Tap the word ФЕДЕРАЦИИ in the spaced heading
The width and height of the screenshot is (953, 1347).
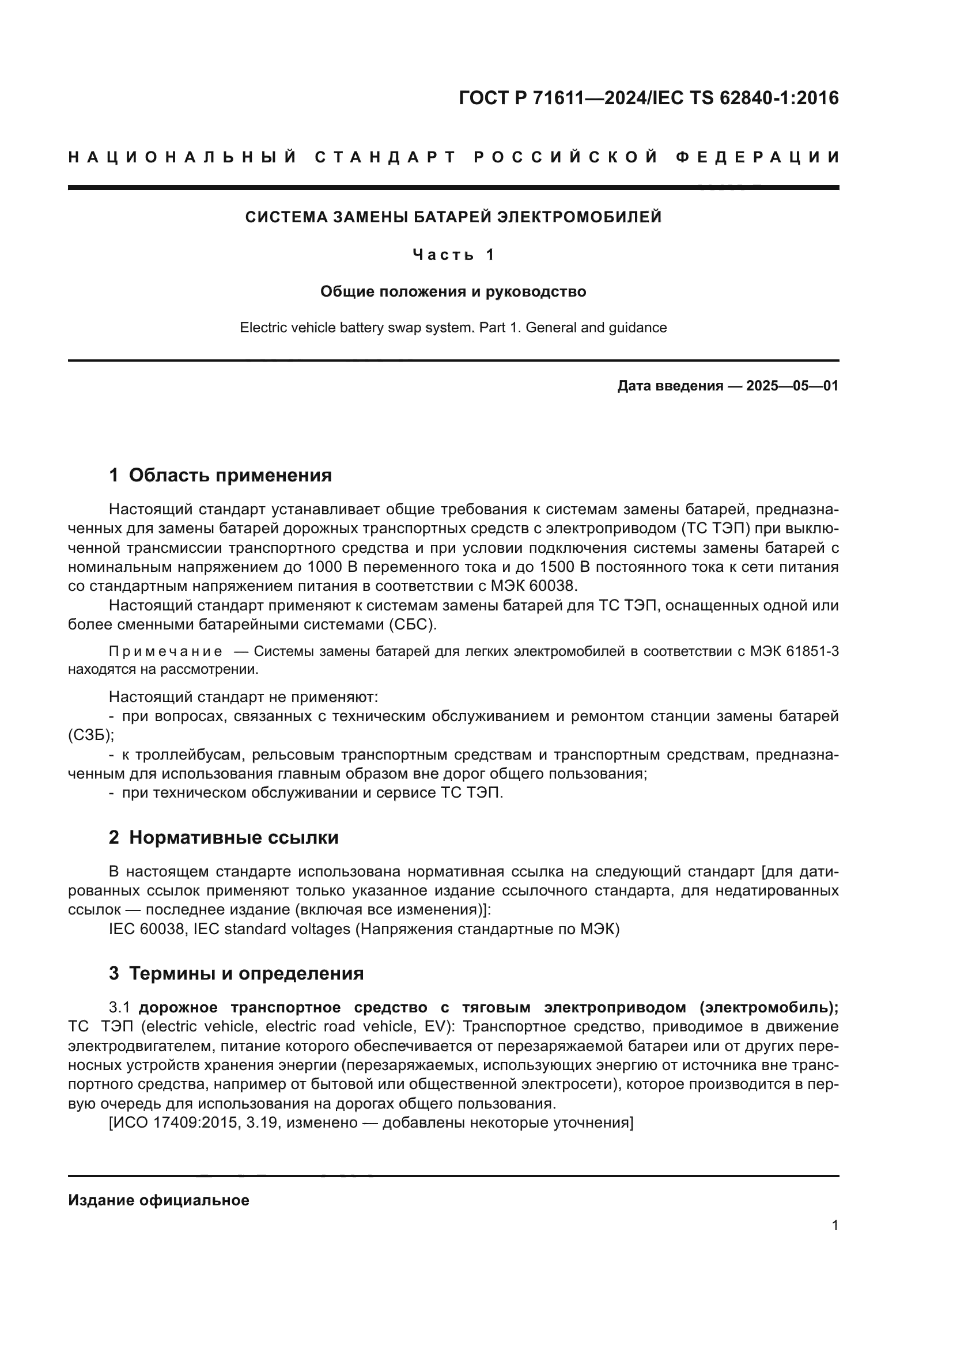pos(758,157)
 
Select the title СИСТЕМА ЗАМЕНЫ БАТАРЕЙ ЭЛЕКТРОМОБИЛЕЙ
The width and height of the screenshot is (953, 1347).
pos(453,217)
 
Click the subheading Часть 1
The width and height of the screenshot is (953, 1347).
pos(453,255)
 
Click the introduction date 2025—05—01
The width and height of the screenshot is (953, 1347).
pos(792,386)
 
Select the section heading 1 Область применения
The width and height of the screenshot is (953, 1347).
pos(221,475)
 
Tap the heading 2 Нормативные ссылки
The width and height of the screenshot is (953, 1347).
pos(224,837)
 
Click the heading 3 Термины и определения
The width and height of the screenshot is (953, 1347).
pos(236,973)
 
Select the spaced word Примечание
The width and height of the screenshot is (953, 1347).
pos(165,652)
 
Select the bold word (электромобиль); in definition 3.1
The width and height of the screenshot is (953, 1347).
pos(769,1007)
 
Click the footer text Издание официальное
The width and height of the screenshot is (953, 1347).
pos(158,1200)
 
